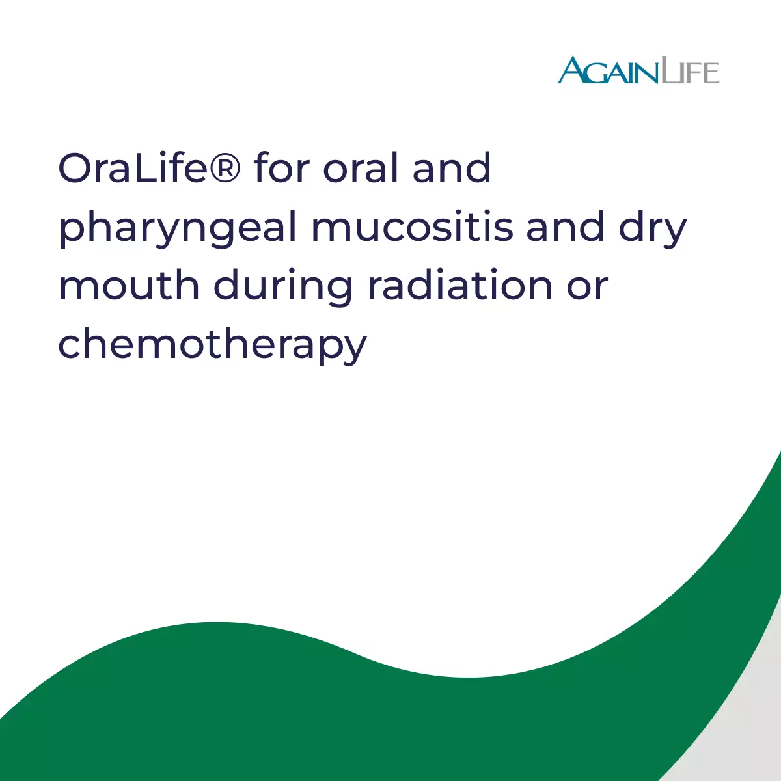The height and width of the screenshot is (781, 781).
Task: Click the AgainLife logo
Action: coord(638,70)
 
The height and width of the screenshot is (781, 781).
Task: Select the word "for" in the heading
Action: coord(282,167)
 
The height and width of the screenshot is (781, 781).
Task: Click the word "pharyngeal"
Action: coord(178,228)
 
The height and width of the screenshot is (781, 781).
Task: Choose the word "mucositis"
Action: coord(412,226)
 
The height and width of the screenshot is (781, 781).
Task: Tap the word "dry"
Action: coord(653,228)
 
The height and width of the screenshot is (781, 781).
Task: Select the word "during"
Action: coord(282,288)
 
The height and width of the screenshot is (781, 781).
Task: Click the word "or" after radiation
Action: coord(587,289)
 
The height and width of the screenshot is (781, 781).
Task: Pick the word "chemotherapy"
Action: coord(213,346)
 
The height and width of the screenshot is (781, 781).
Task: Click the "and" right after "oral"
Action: coord(452,167)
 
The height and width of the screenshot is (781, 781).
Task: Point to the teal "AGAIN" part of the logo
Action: coord(608,70)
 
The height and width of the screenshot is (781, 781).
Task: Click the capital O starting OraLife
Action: coord(75,168)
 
